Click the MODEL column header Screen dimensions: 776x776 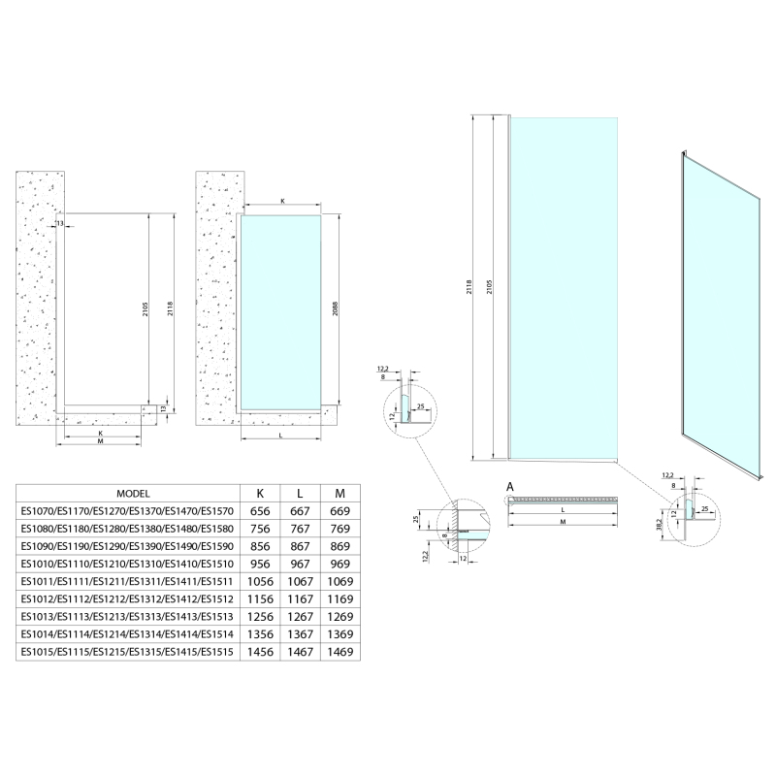click(x=133, y=494)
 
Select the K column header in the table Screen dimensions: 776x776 click(x=260, y=494)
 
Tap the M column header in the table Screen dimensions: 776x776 click(x=340, y=494)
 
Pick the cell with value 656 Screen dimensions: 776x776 click(x=260, y=511)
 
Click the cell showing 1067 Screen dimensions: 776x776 click(x=300, y=581)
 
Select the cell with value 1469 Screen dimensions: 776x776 click(x=340, y=652)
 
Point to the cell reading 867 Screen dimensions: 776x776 click(x=300, y=546)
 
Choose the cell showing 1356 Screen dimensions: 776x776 click(x=260, y=634)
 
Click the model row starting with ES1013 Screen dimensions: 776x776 click(x=127, y=617)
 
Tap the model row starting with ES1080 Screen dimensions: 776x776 click(x=127, y=529)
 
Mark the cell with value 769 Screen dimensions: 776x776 click(x=340, y=529)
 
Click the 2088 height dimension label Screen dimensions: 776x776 click(x=335, y=309)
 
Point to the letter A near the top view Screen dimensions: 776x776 click(x=510, y=488)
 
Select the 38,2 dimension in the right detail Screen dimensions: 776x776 click(x=659, y=525)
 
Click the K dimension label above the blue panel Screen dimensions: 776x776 click(x=282, y=201)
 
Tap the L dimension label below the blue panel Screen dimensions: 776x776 click(x=280, y=436)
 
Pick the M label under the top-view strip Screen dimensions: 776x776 click(x=564, y=522)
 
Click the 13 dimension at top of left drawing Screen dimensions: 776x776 click(x=60, y=224)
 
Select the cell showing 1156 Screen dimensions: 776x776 click(x=260, y=598)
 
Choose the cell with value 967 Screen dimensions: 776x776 click(x=300, y=564)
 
